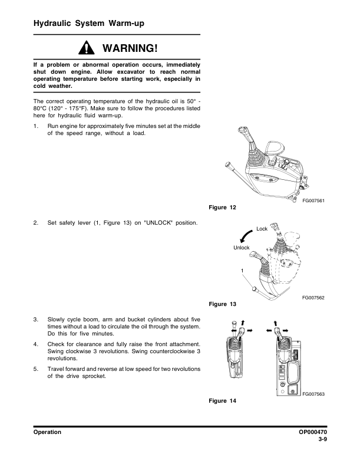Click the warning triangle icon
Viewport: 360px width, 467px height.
pos(86,48)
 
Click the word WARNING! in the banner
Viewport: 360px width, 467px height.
pos(130,48)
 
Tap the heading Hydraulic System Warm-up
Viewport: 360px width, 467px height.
pos(88,23)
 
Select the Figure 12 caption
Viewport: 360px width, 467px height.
pos(222,208)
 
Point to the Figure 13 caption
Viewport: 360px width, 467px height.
pos(222,304)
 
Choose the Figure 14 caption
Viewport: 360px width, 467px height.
pos(222,400)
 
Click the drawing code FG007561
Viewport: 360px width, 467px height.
pos(313,200)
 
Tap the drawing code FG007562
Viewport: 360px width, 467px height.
pos(313,298)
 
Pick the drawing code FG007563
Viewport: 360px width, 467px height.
pos(313,394)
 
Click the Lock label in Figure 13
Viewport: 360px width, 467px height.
pos(262,229)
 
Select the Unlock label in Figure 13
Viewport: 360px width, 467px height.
pos(242,248)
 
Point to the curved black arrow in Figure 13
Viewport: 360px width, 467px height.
pos(245,235)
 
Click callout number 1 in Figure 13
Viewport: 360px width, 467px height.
pos(242,271)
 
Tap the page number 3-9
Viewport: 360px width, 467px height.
pos(322,439)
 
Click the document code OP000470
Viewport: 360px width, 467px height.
pos(313,432)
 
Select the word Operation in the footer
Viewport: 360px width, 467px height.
pos(47,432)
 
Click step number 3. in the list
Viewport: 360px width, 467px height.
pos(36,320)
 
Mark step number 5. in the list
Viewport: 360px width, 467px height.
pos(36,369)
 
